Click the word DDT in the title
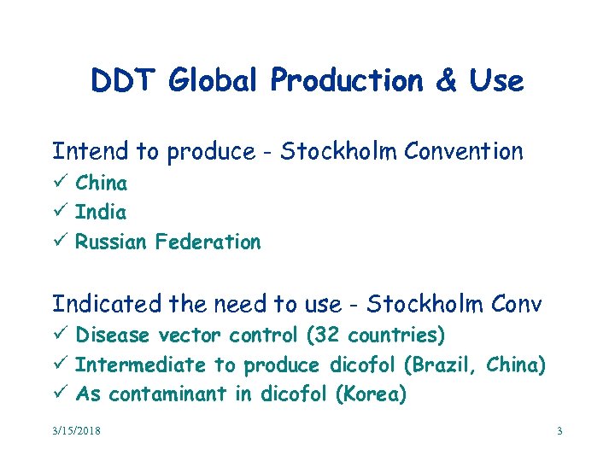coord(125,81)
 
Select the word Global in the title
coord(215,81)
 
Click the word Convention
coord(464,152)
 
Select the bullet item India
coord(101,212)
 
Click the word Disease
coord(112,335)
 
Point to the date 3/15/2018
coord(76,431)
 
